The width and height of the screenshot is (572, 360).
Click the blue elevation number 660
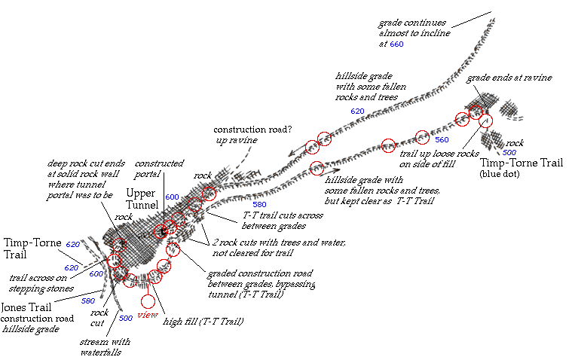[396, 44]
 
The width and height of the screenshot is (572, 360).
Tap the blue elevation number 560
[442, 139]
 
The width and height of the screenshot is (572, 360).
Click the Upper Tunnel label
[142, 199]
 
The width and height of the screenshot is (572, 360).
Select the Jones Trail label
[26, 307]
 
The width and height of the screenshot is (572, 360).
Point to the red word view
[148, 315]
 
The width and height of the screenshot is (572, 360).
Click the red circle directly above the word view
[148, 302]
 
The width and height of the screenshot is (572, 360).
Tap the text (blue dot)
[500, 174]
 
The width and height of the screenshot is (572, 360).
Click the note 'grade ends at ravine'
[509, 78]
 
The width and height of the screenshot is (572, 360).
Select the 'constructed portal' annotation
[159, 169]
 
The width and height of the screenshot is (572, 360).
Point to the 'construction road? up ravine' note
[252, 135]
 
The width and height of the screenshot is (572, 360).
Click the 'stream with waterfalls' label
[105, 347]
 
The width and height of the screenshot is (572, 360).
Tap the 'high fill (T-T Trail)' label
[203, 322]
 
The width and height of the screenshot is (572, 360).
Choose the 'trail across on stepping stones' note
[41, 283]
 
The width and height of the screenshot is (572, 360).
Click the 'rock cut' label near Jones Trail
[99, 318]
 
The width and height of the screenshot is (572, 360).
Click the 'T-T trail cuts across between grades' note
[283, 221]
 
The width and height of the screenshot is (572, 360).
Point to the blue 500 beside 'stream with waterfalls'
[126, 319]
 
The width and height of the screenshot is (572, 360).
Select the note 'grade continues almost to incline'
[414, 28]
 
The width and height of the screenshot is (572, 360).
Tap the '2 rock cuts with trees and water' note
[279, 248]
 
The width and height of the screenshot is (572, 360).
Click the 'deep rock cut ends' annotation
[86, 179]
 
